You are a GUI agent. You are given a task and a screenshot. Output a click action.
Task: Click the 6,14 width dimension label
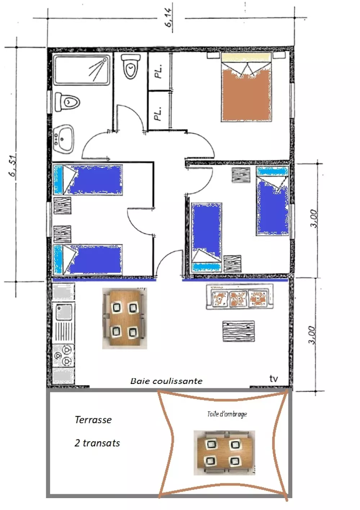(x=169, y=19)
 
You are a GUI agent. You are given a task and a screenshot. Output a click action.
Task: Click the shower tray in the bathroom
(x=82, y=70)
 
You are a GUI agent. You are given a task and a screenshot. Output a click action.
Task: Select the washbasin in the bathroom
(x=64, y=139)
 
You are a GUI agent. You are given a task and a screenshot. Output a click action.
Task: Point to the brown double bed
(x=247, y=87)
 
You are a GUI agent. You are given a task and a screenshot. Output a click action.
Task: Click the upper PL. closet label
(x=159, y=71)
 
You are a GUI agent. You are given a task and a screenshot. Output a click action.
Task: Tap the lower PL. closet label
(x=158, y=113)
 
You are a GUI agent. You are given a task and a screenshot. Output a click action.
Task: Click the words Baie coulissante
(x=166, y=381)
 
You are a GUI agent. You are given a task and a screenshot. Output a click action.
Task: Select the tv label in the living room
(x=274, y=379)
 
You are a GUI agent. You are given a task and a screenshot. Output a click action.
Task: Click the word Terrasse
(x=93, y=420)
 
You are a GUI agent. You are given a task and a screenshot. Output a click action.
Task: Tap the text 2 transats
(x=97, y=443)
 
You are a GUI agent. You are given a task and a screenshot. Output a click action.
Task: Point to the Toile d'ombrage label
(x=227, y=414)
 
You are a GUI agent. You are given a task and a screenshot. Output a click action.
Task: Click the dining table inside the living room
(x=125, y=318)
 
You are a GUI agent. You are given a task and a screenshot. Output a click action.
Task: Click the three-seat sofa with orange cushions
(x=240, y=296)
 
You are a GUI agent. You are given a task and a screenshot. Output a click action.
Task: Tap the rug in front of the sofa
(x=238, y=331)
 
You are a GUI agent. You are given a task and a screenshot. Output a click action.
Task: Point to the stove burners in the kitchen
(x=63, y=355)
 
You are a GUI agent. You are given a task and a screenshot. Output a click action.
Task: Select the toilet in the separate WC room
(x=130, y=67)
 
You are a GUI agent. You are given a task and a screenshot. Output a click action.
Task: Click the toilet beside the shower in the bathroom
(x=67, y=102)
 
